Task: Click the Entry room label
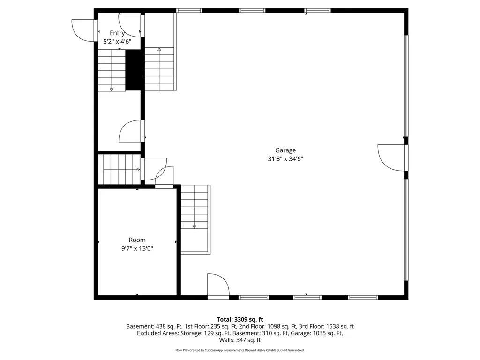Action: pyautogui.click(x=117, y=33)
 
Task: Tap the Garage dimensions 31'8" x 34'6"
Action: pyautogui.click(x=285, y=158)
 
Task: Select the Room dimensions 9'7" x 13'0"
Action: pyautogui.click(x=137, y=248)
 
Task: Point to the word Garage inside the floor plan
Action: pyautogui.click(x=285, y=150)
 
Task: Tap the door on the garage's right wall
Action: pyautogui.click(x=391, y=158)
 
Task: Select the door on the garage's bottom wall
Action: pyautogui.click(x=217, y=285)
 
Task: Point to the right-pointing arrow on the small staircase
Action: pyautogui.click(x=138, y=170)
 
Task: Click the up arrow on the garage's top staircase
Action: pyautogui.click(x=159, y=49)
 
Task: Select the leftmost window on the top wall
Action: pyautogui.click(x=189, y=10)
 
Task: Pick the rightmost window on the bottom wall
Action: pyautogui.click(x=363, y=297)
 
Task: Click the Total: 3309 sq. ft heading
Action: pyautogui.click(x=240, y=319)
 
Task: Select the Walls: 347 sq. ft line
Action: pyautogui.click(x=240, y=340)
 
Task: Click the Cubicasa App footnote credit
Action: pyautogui.click(x=240, y=350)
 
